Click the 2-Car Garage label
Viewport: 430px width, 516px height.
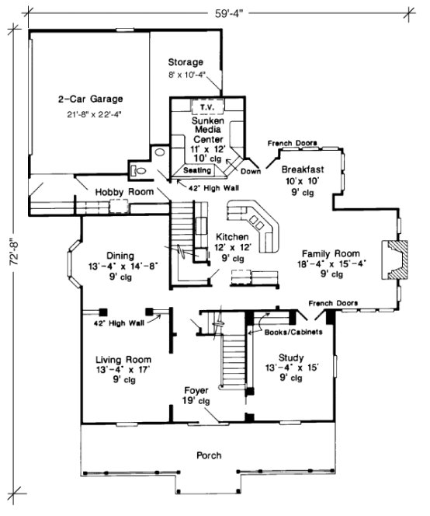(x=92, y=99)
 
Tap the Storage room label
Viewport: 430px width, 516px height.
(x=186, y=62)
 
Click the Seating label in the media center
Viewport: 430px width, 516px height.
(x=197, y=169)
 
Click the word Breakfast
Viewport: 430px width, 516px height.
(x=303, y=169)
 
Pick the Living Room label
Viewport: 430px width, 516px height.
(x=123, y=360)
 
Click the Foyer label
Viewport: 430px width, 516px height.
(x=196, y=389)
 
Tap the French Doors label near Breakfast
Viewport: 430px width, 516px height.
(x=292, y=144)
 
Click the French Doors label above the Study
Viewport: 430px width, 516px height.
(x=331, y=302)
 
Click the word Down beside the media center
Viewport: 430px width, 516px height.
(x=250, y=171)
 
